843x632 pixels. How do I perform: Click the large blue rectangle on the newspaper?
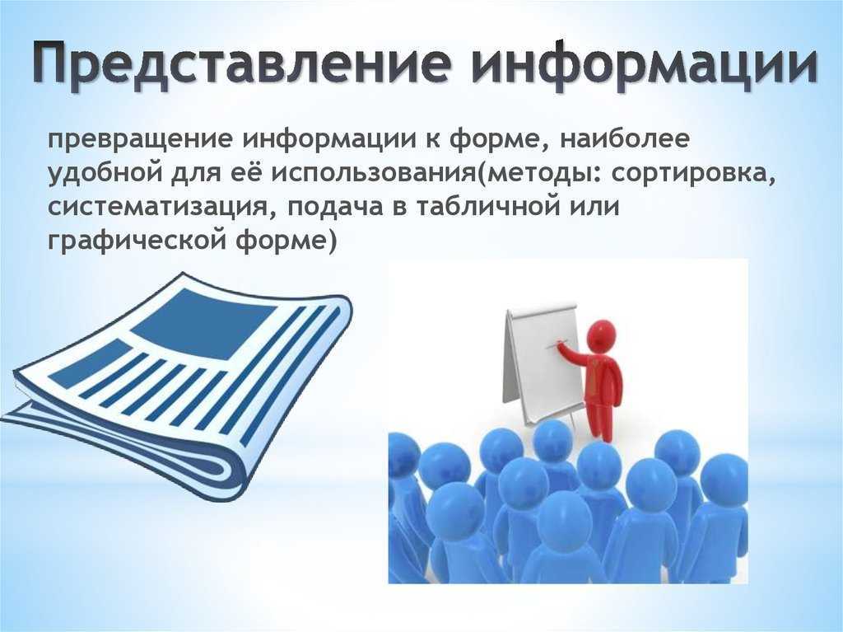pos(203,322)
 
